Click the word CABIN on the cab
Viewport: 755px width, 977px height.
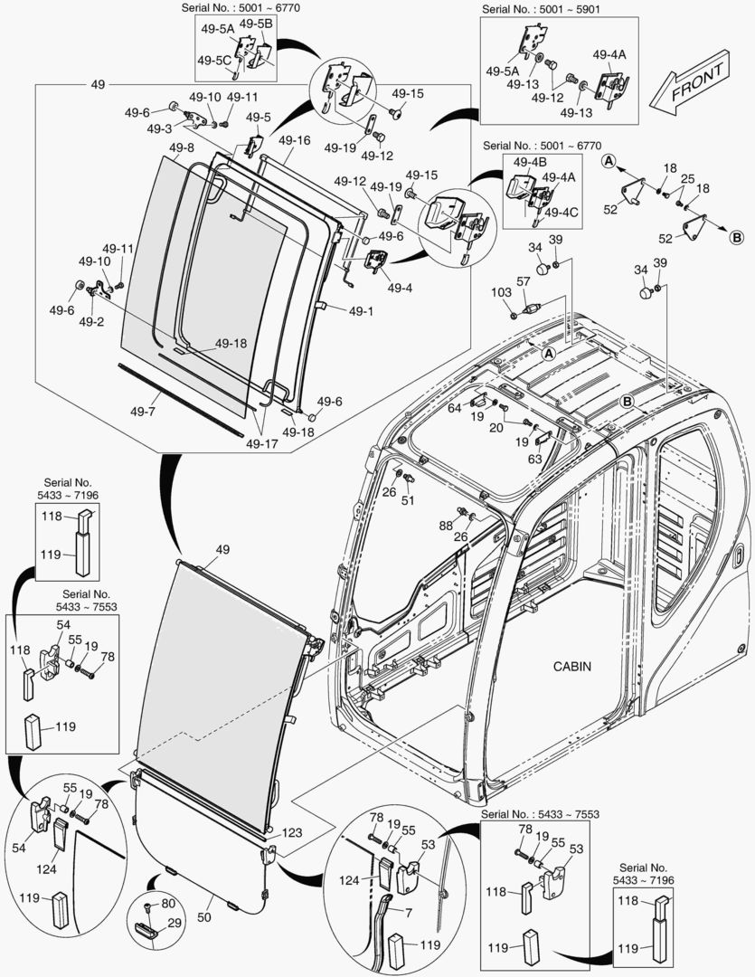pyautogui.click(x=571, y=667)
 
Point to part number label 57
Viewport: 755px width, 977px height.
pyautogui.click(x=523, y=282)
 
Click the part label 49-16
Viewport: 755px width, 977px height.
pyautogui.click(x=294, y=140)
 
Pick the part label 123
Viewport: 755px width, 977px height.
pyautogui.click(x=292, y=832)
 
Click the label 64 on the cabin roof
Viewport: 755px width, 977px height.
pyautogui.click(x=455, y=409)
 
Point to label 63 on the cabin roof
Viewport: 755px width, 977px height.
pyautogui.click(x=536, y=460)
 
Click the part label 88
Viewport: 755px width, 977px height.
pyautogui.click(x=446, y=526)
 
